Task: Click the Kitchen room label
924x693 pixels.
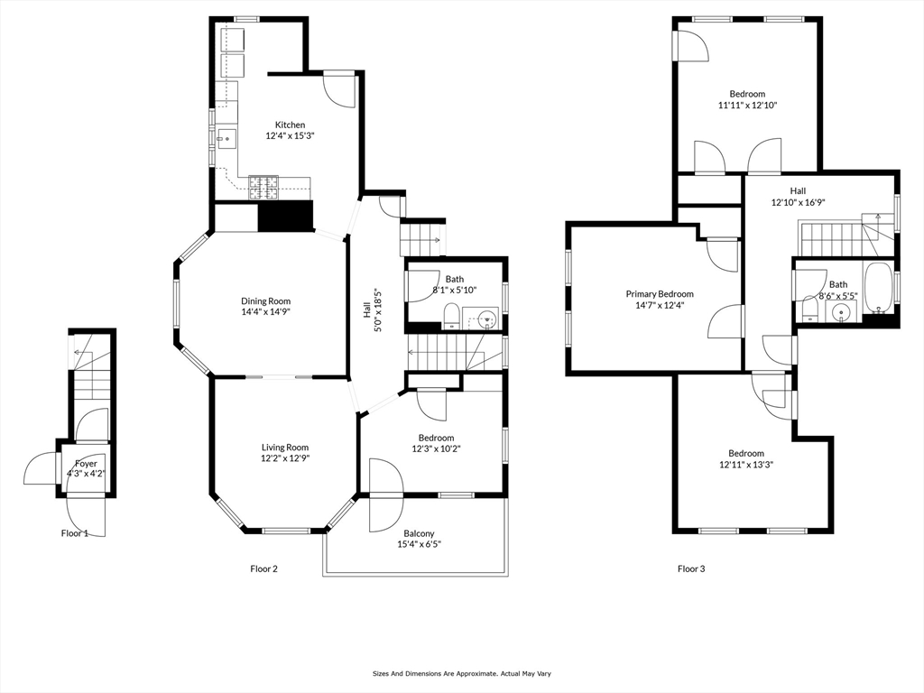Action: (290, 125)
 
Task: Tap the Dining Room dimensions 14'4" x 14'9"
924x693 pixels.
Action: (266, 311)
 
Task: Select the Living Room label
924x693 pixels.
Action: (285, 448)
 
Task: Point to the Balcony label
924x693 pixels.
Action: (419, 534)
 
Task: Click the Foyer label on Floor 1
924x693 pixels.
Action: (86, 464)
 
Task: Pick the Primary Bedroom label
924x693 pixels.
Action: (660, 294)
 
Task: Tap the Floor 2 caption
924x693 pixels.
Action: (264, 568)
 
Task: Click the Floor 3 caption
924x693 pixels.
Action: (691, 568)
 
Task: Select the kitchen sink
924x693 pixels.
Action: (226, 139)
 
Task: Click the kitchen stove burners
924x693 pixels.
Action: (263, 187)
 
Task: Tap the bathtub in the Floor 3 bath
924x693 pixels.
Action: (878, 288)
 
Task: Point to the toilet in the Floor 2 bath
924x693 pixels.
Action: (451, 317)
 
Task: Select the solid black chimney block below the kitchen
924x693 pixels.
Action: (285, 216)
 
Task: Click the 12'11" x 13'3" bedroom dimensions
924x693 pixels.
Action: (746, 465)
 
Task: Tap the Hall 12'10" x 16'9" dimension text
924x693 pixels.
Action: (798, 202)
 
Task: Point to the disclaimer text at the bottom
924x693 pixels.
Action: (461, 673)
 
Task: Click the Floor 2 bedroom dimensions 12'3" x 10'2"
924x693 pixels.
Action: (436, 448)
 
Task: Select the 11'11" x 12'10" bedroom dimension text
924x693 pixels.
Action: (747, 106)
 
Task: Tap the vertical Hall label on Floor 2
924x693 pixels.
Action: (367, 311)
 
